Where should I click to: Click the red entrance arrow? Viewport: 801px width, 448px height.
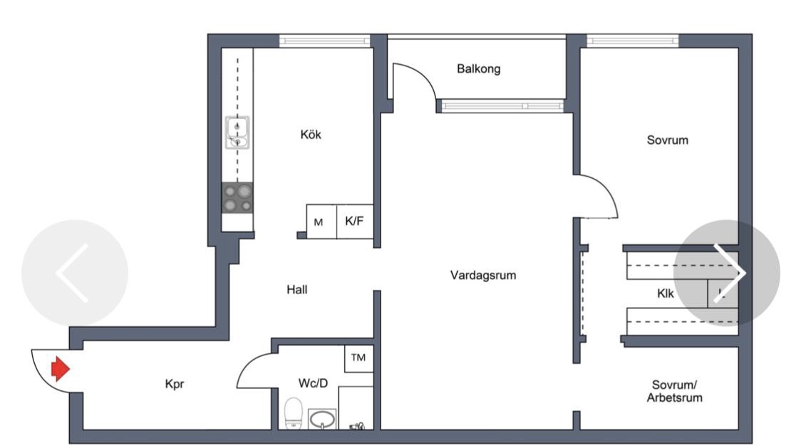click(x=60, y=369)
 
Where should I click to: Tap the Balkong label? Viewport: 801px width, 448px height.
click(x=478, y=69)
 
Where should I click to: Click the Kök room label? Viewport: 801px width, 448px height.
click(x=311, y=135)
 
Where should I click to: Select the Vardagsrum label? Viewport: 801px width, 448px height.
click(x=482, y=275)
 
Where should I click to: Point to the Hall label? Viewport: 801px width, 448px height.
click(x=297, y=290)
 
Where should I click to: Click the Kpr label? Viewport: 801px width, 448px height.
click(x=175, y=384)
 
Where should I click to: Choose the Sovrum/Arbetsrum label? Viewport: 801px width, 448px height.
click(x=674, y=391)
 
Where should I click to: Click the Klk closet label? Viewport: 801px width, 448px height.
click(x=665, y=293)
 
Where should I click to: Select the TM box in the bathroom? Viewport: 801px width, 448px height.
click(x=358, y=358)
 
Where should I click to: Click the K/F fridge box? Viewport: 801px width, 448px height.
click(x=354, y=222)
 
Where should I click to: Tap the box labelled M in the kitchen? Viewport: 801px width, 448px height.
click(x=319, y=222)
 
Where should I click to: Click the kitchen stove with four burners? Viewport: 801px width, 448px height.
click(x=237, y=198)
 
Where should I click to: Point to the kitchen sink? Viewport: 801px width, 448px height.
click(x=237, y=133)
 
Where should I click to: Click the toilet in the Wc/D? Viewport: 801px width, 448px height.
click(x=294, y=413)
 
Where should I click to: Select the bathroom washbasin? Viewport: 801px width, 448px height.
click(x=322, y=418)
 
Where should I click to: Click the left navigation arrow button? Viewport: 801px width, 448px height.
click(x=74, y=273)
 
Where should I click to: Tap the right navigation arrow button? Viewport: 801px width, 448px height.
click(x=727, y=273)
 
